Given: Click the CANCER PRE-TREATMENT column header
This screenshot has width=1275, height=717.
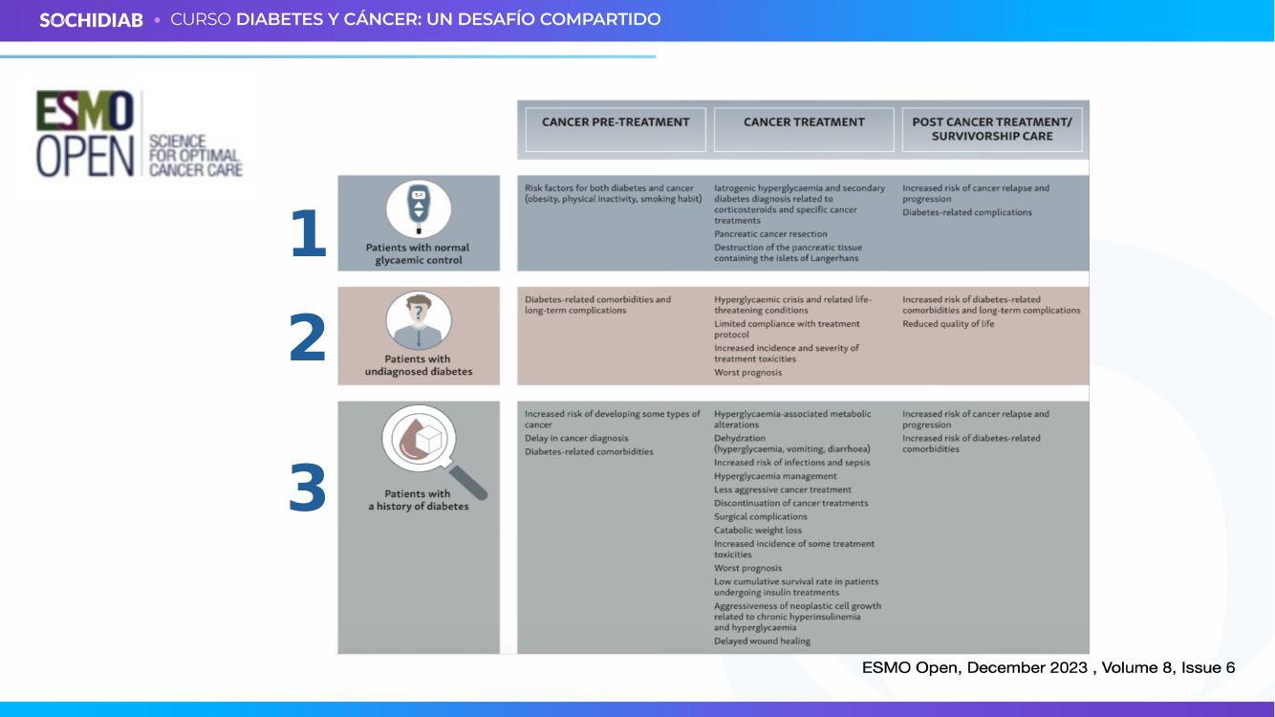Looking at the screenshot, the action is pyautogui.click(x=616, y=121).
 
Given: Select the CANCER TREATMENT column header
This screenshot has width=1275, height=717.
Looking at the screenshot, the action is pyautogui.click(x=804, y=121).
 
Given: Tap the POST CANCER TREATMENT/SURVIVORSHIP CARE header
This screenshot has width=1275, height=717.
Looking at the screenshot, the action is pyautogui.click(x=992, y=129).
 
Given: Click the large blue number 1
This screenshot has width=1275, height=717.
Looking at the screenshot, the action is pyautogui.click(x=308, y=233).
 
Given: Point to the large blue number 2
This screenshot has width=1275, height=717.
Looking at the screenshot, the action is pyautogui.click(x=308, y=337).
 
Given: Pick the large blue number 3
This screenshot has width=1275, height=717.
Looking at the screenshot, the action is pyautogui.click(x=308, y=488).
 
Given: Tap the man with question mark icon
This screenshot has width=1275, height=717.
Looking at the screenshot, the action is pyautogui.click(x=419, y=320).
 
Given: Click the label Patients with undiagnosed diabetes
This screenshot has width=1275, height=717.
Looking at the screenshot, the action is pyautogui.click(x=419, y=365).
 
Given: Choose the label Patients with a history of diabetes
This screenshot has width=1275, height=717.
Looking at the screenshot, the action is pyautogui.click(x=419, y=500).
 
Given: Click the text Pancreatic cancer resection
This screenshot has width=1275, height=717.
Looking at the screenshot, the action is pyautogui.click(x=770, y=233).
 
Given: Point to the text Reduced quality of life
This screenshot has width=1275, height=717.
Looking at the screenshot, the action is pyautogui.click(x=948, y=323).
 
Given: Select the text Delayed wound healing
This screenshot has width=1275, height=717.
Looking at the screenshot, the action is pyautogui.click(x=762, y=641).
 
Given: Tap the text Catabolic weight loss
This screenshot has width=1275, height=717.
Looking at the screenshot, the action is pyautogui.click(x=758, y=531).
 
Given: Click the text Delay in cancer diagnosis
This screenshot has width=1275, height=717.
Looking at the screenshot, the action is pyautogui.click(x=576, y=438).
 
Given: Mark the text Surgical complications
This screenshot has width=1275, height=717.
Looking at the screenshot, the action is pyautogui.click(x=761, y=516).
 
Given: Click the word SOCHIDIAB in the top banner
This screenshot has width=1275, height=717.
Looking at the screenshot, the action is pyautogui.click(x=91, y=20).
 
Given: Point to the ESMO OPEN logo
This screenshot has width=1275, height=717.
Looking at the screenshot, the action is pyautogui.click(x=140, y=134).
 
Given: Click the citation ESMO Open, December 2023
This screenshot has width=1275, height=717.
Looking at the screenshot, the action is pyautogui.click(x=975, y=667).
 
